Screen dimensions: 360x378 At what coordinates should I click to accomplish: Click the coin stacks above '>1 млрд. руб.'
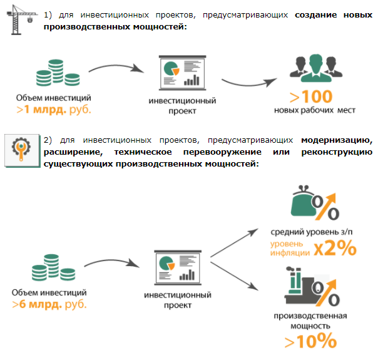53,74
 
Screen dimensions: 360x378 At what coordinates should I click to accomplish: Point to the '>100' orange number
310,96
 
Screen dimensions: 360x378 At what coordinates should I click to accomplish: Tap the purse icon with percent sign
315,204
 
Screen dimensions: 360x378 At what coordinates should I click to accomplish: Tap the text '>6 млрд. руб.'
49,304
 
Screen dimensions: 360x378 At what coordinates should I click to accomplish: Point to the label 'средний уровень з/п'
311,232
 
